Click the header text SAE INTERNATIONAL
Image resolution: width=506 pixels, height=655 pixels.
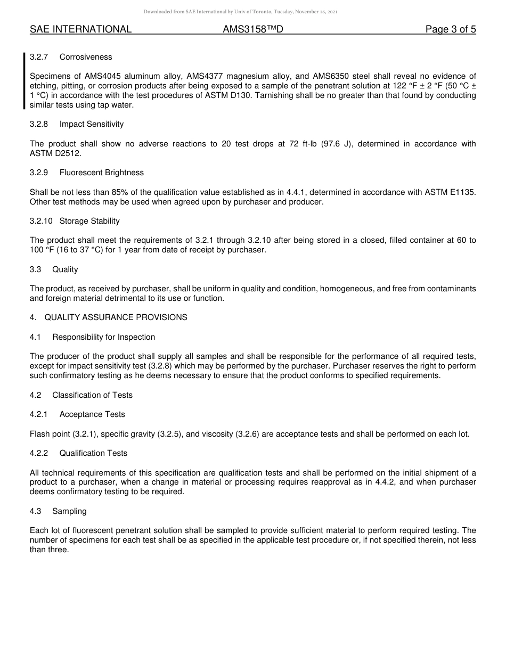(x=80, y=30)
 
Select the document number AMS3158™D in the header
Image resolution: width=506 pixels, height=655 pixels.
(x=252, y=30)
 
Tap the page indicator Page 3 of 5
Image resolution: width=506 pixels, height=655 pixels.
(x=450, y=30)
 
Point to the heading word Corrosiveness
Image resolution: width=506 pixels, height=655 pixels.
(x=86, y=57)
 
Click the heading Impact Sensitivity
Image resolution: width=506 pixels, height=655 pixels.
(x=91, y=124)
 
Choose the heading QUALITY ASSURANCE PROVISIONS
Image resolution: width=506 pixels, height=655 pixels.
(x=116, y=317)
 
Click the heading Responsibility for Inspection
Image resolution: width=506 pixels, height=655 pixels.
(x=103, y=337)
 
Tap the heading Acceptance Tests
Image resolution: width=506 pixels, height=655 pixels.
(x=92, y=414)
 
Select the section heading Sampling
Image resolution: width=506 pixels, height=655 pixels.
(x=69, y=511)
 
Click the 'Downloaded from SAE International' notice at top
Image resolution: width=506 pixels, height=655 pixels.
(x=240, y=12)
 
